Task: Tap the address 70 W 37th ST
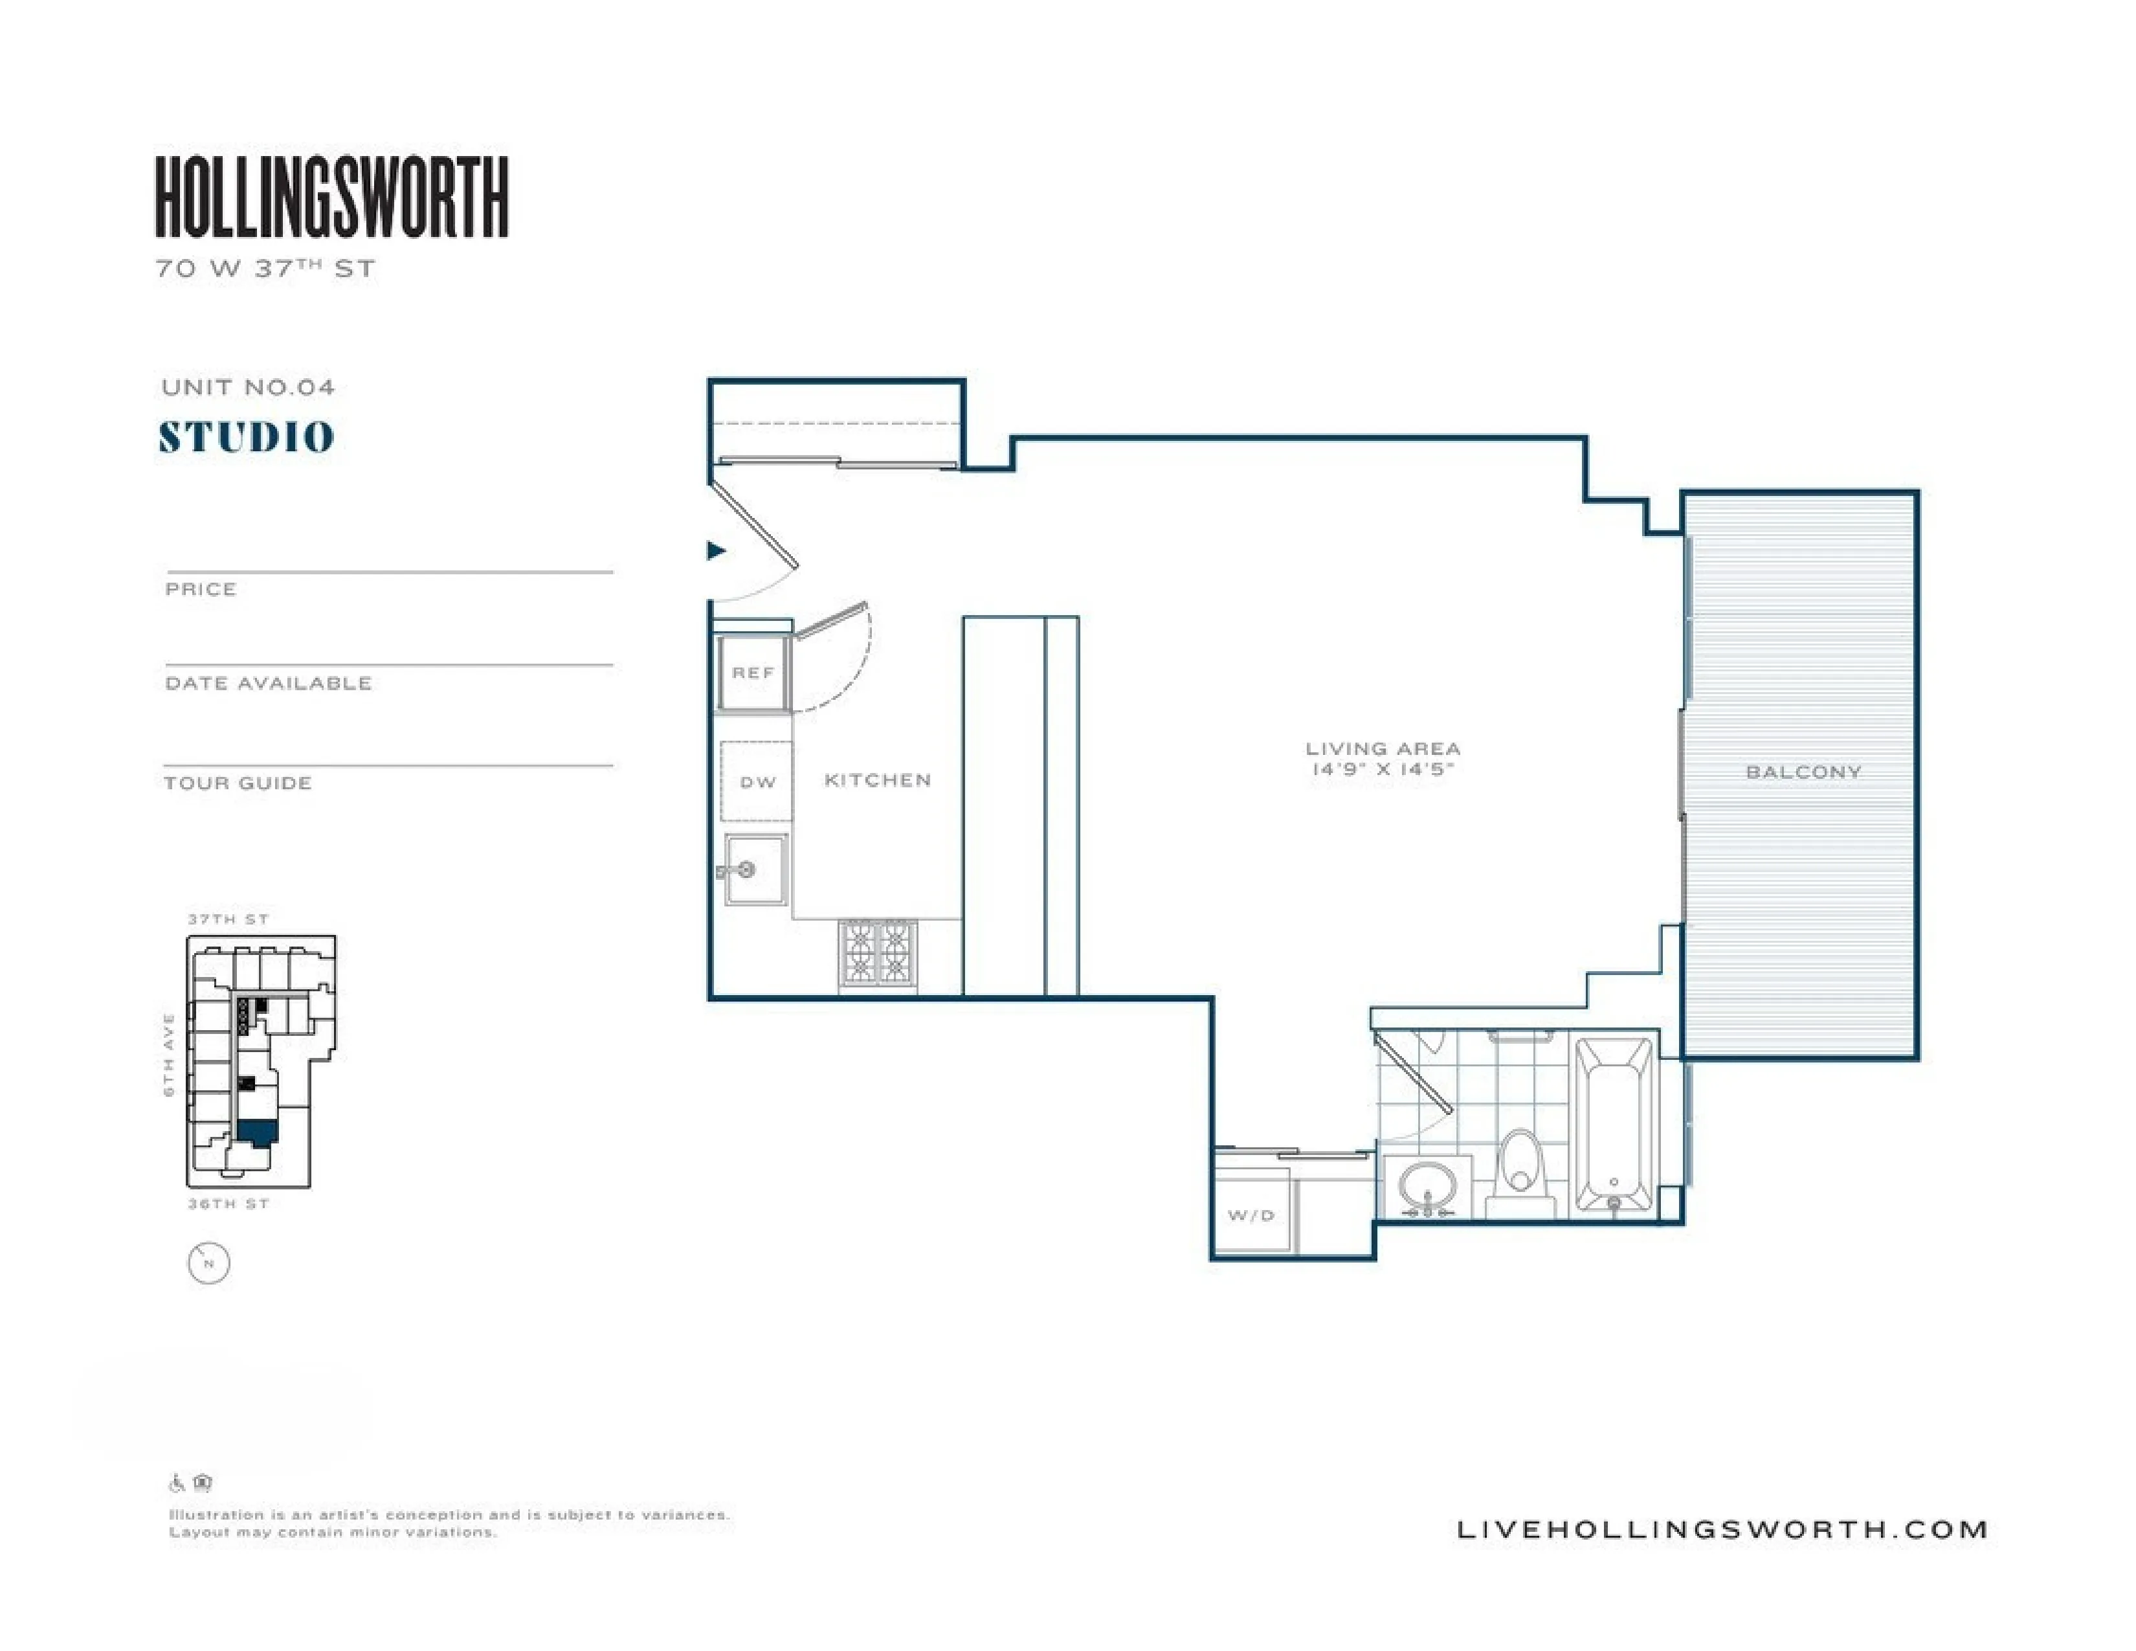pos(265,269)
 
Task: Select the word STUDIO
pos(247,437)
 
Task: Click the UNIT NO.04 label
pos(249,387)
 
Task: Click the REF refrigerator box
pos(753,673)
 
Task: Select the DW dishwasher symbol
pos(757,781)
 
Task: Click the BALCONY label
pos(1803,772)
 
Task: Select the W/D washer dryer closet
pos(1252,1215)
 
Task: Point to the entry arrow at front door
pos(716,551)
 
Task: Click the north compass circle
pos(208,1263)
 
